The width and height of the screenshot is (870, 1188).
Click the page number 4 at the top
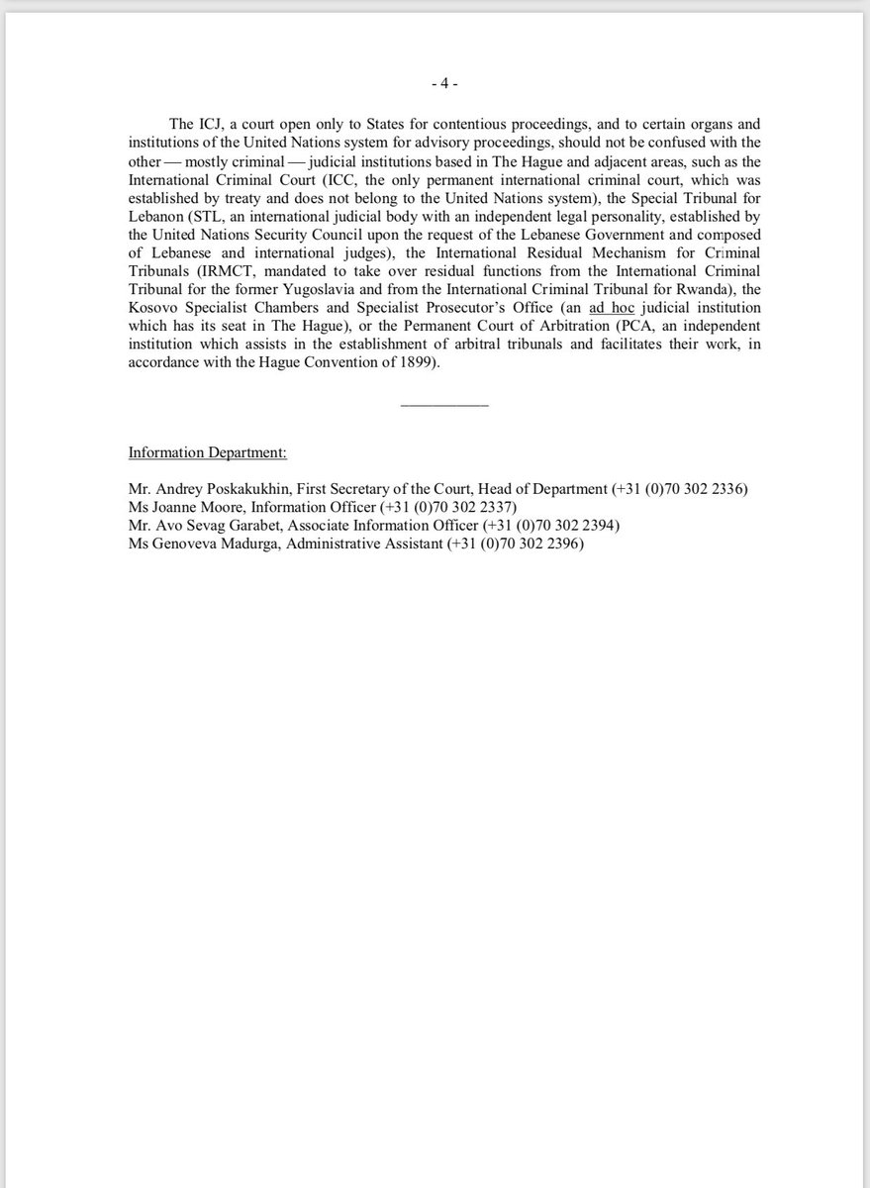tap(443, 84)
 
